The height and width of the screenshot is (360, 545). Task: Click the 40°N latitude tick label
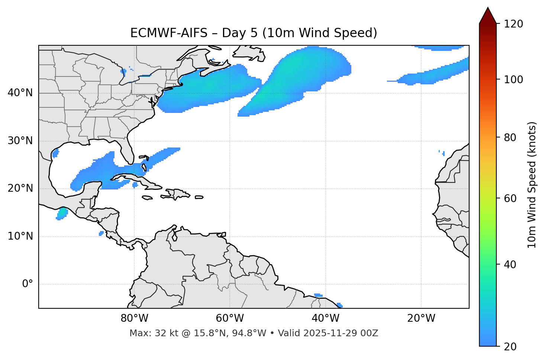tap(20, 93)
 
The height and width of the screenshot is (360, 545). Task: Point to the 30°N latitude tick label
tap(20, 141)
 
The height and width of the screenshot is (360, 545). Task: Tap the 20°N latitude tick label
tap(20, 189)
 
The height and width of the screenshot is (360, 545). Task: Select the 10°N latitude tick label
tap(20, 236)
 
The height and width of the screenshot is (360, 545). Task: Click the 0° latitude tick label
tap(28, 284)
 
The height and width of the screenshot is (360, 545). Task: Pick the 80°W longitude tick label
tap(134, 318)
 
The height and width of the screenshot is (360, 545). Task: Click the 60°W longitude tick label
tap(230, 318)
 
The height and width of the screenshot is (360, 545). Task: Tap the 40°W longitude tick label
tap(325, 318)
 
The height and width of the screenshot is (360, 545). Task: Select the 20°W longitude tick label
tap(421, 318)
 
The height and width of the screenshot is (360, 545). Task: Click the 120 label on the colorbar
tap(513, 24)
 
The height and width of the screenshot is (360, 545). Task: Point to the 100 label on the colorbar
tap(513, 80)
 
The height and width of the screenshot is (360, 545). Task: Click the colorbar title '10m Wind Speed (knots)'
tap(532, 185)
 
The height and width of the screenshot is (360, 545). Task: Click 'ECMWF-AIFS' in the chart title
tap(169, 33)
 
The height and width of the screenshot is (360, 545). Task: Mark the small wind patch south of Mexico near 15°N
tap(62, 214)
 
